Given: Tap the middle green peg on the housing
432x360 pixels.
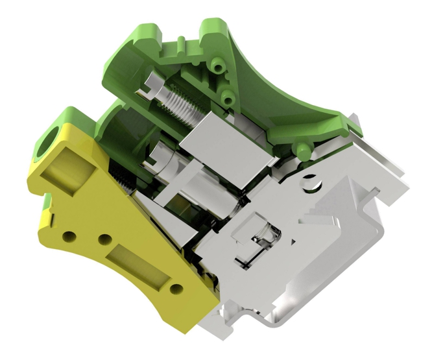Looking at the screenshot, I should pyautogui.click(x=228, y=97).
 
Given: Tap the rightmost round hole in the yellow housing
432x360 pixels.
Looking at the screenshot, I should pyautogui.click(x=174, y=289).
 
